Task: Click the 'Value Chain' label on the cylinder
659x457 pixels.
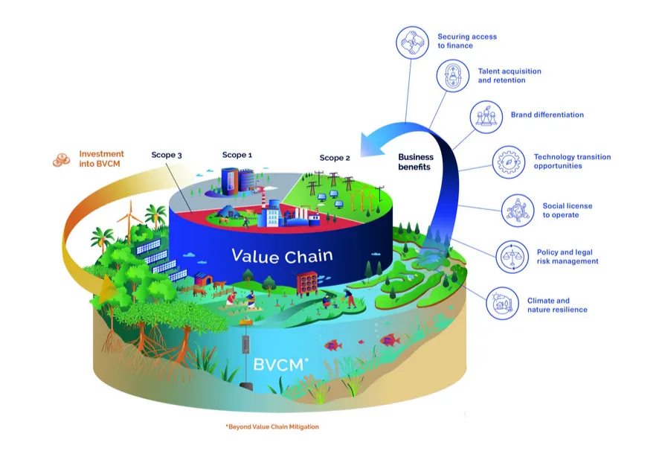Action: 282,256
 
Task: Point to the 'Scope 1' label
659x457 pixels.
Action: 237,155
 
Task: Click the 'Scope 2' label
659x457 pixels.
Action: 335,158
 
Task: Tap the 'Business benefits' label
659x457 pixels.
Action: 415,162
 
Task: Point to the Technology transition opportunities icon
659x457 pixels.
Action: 508,162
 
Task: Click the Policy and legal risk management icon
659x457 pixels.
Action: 512,257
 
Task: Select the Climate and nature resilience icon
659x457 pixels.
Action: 501,304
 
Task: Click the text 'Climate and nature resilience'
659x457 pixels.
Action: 557,305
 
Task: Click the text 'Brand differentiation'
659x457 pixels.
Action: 547,115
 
